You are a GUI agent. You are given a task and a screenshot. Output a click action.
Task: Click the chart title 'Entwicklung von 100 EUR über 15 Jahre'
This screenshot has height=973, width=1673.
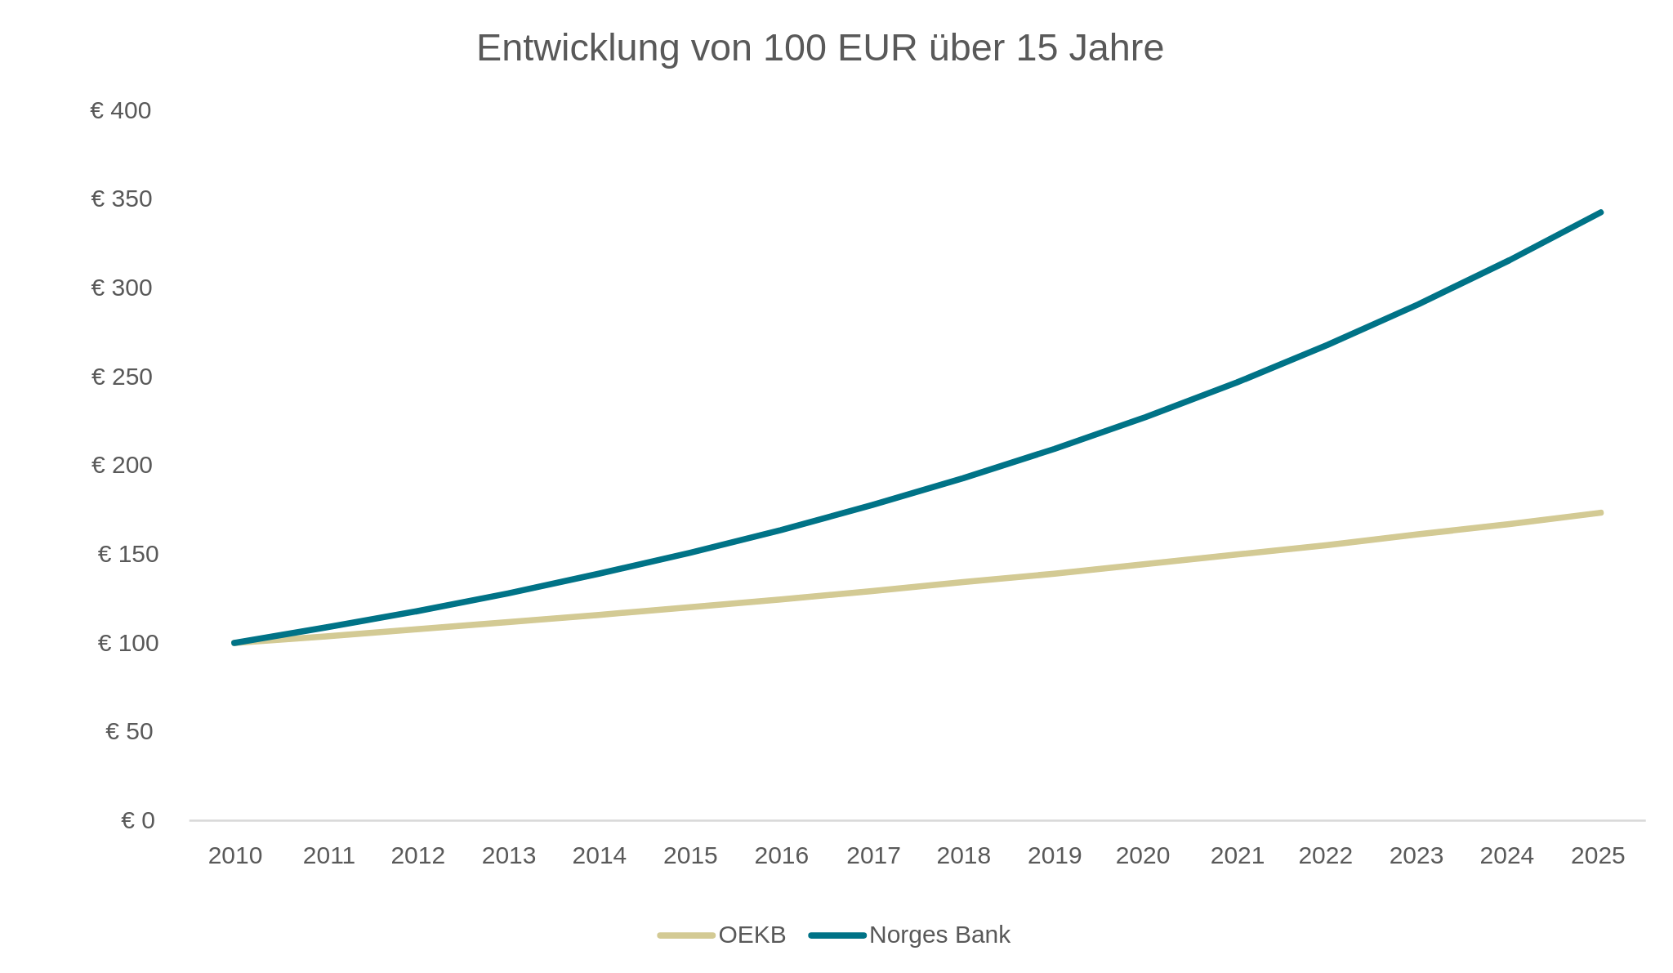(x=819, y=48)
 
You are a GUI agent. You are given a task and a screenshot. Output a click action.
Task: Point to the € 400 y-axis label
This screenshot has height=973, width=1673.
(x=121, y=110)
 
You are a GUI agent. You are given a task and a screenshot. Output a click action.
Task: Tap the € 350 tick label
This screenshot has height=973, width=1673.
(x=121, y=199)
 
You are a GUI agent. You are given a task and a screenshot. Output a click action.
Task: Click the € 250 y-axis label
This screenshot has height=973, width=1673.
(x=121, y=377)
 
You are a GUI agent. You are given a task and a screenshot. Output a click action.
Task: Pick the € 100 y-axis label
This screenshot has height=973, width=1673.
(x=127, y=643)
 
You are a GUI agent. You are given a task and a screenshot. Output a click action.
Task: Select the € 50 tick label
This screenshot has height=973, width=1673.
(x=129, y=731)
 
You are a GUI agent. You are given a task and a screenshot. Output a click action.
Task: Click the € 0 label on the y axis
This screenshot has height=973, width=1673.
(x=137, y=820)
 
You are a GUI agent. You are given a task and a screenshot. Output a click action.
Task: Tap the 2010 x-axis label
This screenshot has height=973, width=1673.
(x=235, y=855)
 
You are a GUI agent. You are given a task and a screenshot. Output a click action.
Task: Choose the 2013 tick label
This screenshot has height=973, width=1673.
(x=509, y=855)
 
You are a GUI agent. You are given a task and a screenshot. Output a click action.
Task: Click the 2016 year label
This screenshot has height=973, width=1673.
(x=782, y=855)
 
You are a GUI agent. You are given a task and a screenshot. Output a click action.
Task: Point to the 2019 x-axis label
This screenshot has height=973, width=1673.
(x=1055, y=855)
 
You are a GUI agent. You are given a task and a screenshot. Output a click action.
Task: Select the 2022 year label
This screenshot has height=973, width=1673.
(x=1326, y=855)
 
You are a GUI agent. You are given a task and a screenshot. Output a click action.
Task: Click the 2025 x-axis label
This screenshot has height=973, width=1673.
(x=1598, y=855)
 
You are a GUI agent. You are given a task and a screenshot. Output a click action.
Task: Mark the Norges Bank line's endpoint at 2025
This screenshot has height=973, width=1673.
(x=1600, y=212)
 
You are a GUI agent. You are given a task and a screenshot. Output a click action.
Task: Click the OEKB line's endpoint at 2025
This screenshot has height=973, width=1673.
(x=1600, y=513)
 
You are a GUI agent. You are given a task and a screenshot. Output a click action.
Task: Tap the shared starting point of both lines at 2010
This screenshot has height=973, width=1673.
(x=235, y=643)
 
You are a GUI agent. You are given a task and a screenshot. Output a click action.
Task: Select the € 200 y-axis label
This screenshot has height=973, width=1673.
(x=121, y=466)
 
